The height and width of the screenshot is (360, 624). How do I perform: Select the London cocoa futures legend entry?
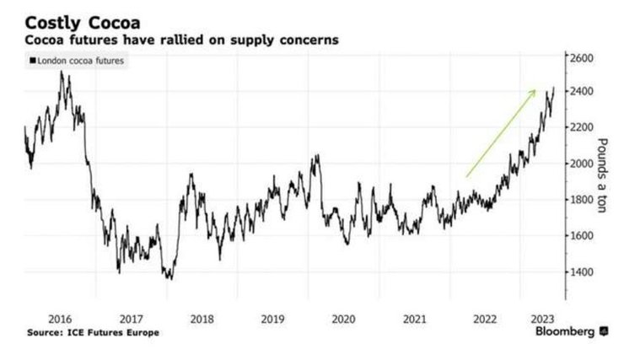[73, 61]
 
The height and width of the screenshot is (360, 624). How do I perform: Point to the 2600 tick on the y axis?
[582, 58]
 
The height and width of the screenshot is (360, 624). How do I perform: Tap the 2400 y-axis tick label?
[582, 91]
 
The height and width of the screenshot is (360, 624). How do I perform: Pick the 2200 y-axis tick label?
[582, 127]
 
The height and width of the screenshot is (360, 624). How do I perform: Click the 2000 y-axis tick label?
[582, 164]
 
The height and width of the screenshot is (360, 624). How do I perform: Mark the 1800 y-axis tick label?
[582, 200]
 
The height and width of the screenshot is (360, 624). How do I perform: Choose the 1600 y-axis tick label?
[582, 236]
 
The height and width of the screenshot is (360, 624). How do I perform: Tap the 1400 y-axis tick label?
[582, 272]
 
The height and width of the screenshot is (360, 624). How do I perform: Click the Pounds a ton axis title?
[602, 175]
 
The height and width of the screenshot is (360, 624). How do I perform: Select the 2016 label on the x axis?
[60, 320]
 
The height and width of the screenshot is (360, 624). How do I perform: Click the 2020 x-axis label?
[342, 320]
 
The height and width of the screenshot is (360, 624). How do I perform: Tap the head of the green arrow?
[534, 90]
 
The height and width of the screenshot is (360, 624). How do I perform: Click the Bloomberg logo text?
[566, 332]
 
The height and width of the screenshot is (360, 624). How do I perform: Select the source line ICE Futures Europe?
[93, 332]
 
